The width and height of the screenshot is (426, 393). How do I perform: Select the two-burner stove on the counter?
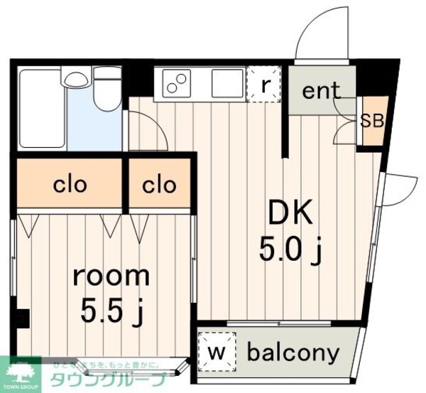(x=177, y=85)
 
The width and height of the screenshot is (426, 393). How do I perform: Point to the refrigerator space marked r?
(x=265, y=85)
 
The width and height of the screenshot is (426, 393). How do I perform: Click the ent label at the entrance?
(x=321, y=92)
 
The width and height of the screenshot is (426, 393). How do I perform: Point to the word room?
(x=111, y=275)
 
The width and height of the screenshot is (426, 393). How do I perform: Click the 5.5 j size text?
(x=111, y=311)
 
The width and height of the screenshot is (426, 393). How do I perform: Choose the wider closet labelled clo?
(x=70, y=185)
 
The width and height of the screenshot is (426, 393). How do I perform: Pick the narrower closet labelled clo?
(x=159, y=185)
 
